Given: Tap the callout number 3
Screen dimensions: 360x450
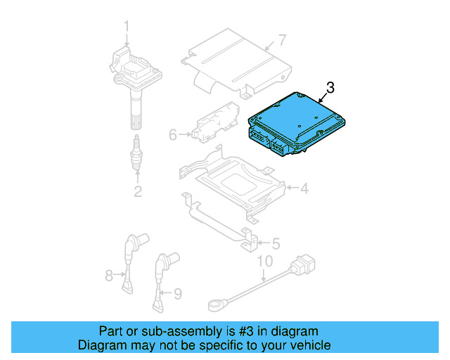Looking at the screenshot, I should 331,88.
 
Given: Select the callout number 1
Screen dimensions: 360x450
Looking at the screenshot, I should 127,26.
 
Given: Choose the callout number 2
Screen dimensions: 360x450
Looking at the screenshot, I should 138,191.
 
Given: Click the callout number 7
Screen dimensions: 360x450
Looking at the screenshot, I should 281,39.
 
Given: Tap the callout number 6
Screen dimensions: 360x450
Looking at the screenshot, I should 173,133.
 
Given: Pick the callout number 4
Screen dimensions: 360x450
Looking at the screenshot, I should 304,188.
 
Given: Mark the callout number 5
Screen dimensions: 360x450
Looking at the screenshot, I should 276,244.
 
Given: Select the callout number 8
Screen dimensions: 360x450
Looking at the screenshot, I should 109,276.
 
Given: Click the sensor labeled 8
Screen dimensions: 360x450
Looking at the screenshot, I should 129,260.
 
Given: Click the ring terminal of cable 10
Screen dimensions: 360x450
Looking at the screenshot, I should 216,304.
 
